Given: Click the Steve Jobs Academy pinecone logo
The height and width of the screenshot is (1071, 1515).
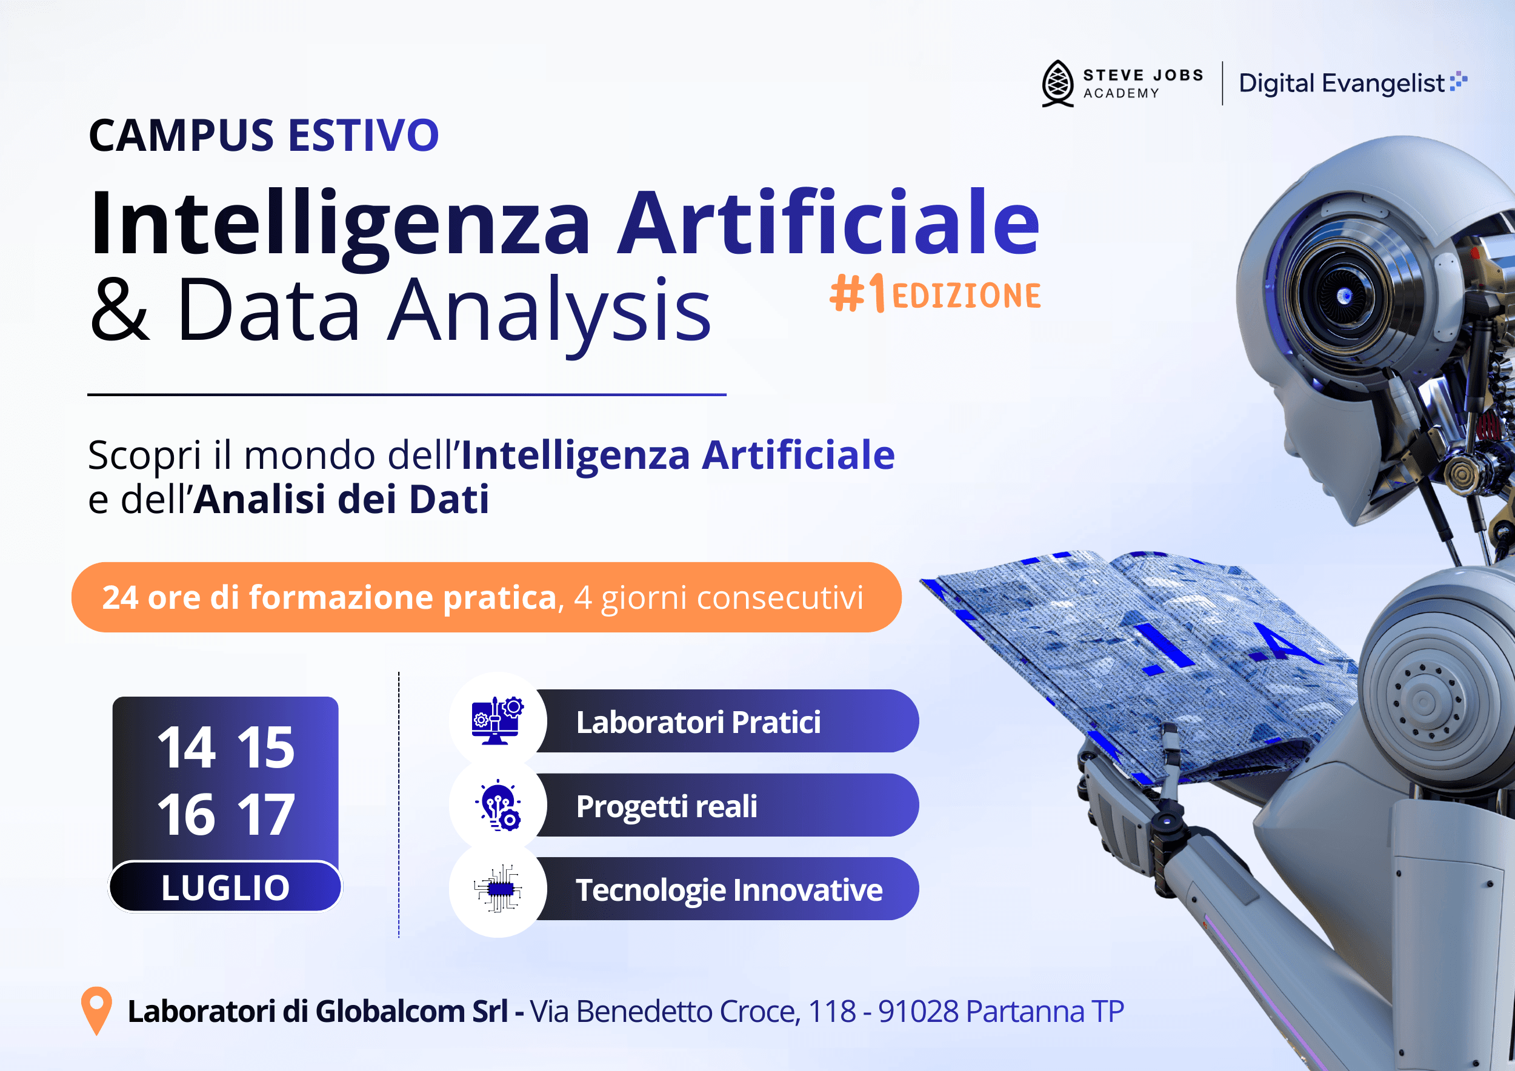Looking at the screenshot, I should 1057,83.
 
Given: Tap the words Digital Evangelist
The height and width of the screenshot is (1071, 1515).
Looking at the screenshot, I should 1341,84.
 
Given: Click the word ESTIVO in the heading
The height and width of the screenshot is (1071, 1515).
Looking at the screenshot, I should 363,136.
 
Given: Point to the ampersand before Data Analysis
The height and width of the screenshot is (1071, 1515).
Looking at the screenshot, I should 119,310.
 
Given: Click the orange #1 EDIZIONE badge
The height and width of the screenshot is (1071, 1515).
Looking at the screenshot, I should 934,294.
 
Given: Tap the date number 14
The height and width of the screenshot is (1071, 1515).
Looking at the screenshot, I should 186,748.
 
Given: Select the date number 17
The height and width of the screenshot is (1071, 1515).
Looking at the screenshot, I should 265,815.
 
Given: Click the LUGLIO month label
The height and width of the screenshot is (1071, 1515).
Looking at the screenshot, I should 225,887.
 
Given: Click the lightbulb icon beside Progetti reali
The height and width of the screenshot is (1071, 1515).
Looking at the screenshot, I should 498,805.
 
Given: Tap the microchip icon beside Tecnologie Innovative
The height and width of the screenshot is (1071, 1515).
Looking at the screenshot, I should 498,889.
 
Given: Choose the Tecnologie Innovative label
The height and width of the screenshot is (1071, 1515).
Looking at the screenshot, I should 728,890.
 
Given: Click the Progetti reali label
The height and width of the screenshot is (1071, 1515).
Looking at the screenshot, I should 667,806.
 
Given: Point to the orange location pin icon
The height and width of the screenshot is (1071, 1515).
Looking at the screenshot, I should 96,1009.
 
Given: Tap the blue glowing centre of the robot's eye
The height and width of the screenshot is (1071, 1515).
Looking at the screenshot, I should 1344,297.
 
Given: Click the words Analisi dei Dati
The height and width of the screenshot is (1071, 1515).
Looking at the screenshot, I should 342,499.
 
